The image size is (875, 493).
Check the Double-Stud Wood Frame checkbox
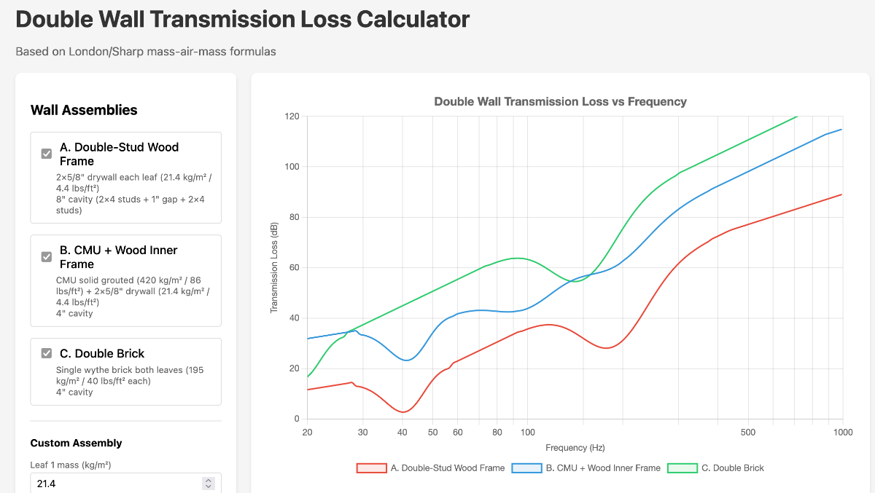(x=47, y=154)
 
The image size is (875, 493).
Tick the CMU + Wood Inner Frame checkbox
(x=47, y=257)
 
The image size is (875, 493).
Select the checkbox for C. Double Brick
(x=47, y=353)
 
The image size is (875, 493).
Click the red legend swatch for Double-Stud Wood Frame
(x=371, y=468)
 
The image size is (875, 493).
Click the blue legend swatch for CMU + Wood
(x=526, y=468)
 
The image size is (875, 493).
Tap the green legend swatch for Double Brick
(x=682, y=468)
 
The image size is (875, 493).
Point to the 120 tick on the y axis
(x=292, y=117)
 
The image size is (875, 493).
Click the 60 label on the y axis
(x=294, y=268)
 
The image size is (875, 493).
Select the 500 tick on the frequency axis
(x=748, y=433)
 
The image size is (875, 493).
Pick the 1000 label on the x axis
(x=843, y=433)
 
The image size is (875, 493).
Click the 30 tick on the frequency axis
(x=363, y=433)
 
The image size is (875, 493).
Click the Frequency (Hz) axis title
(x=575, y=448)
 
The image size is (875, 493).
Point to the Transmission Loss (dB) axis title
(x=274, y=267)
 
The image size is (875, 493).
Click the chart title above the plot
(x=560, y=102)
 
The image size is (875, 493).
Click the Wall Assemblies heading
(x=84, y=110)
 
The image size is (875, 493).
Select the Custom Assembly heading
(x=76, y=443)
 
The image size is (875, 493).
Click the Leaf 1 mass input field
(x=113, y=484)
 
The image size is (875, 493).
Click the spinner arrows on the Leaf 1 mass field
(x=209, y=484)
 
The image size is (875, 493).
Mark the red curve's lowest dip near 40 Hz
(x=402, y=412)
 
